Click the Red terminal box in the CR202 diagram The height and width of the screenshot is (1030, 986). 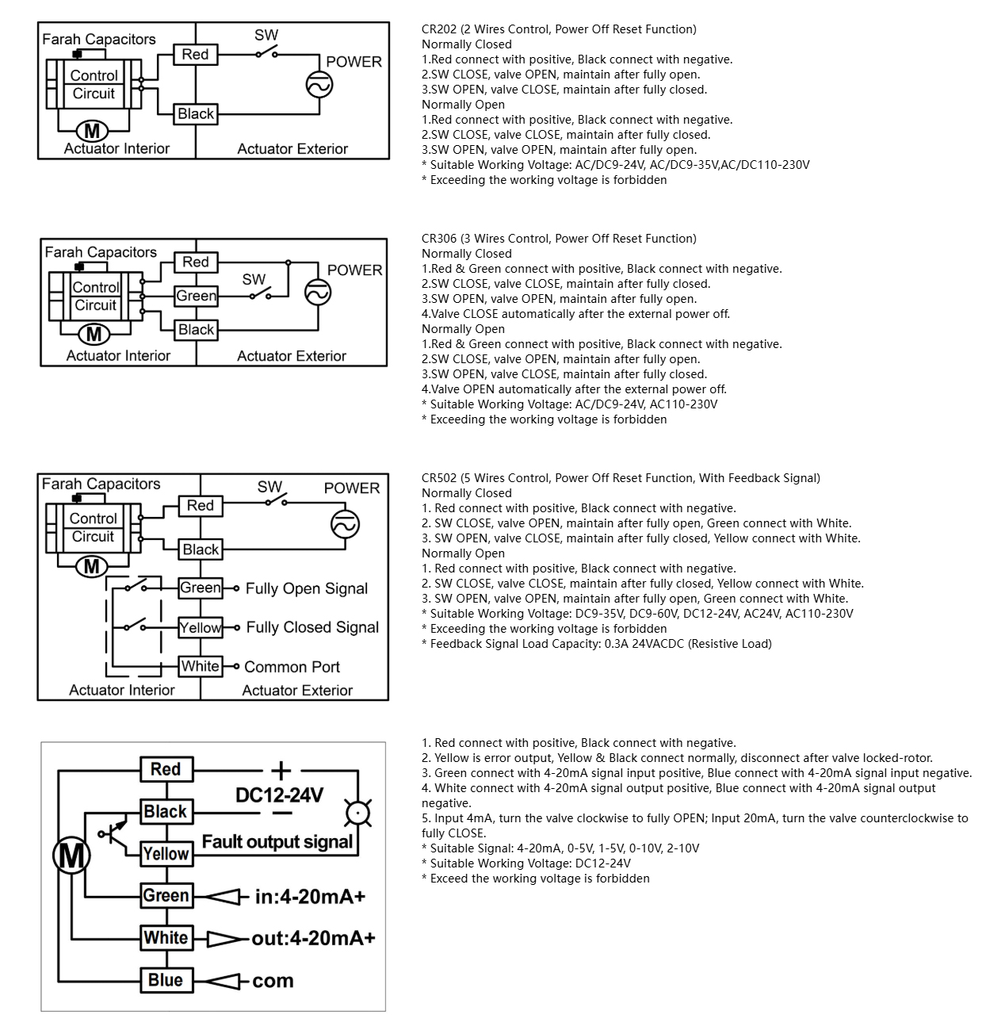click(x=195, y=55)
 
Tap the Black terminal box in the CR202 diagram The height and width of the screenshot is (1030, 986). click(x=196, y=114)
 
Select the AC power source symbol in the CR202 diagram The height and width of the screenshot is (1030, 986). click(x=319, y=85)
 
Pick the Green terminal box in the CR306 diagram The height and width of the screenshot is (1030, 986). click(x=197, y=296)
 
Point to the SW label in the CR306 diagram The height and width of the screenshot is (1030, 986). click(x=254, y=279)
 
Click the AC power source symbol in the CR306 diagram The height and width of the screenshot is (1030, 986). click(x=318, y=293)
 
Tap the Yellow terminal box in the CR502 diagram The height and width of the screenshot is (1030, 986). click(x=201, y=627)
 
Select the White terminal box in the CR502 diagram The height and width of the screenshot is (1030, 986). click(x=201, y=666)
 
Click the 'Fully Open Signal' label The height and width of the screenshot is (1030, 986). click(x=307, y=588)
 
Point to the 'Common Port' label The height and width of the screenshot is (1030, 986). click(x=292, y=667)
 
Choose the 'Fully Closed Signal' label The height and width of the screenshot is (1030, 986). click(x=312, y=627)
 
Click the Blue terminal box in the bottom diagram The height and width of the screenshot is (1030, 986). click(x=166, y=980)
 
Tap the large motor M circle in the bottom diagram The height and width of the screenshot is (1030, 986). click(x=71, y=856)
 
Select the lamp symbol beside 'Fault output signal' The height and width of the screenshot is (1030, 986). click(x=358, y=814)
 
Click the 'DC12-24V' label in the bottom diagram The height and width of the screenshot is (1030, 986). click(x=279, y=795)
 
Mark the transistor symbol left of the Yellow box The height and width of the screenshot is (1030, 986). click(x=113, y=832)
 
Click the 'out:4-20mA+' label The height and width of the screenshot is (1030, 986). click(x=313, y=938)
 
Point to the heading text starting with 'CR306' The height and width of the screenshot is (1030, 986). click(x=559, y=239)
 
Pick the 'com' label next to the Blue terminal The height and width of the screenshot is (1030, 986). click(x=273, y=981)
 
